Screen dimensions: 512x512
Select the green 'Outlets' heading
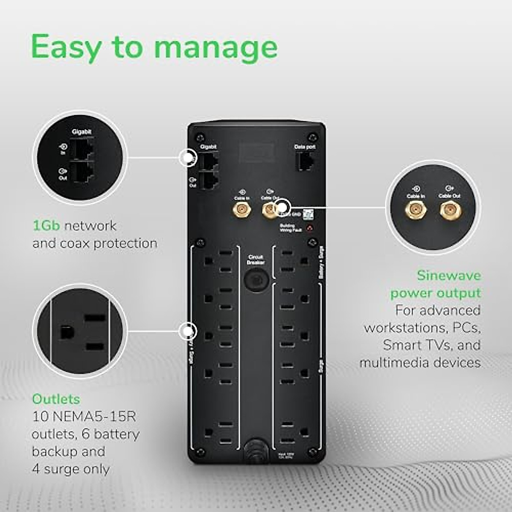(56, 399)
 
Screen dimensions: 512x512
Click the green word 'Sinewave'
(448, 275)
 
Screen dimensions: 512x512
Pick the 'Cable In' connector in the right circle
(416, 210)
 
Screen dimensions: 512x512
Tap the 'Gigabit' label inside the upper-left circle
(81, 132)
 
